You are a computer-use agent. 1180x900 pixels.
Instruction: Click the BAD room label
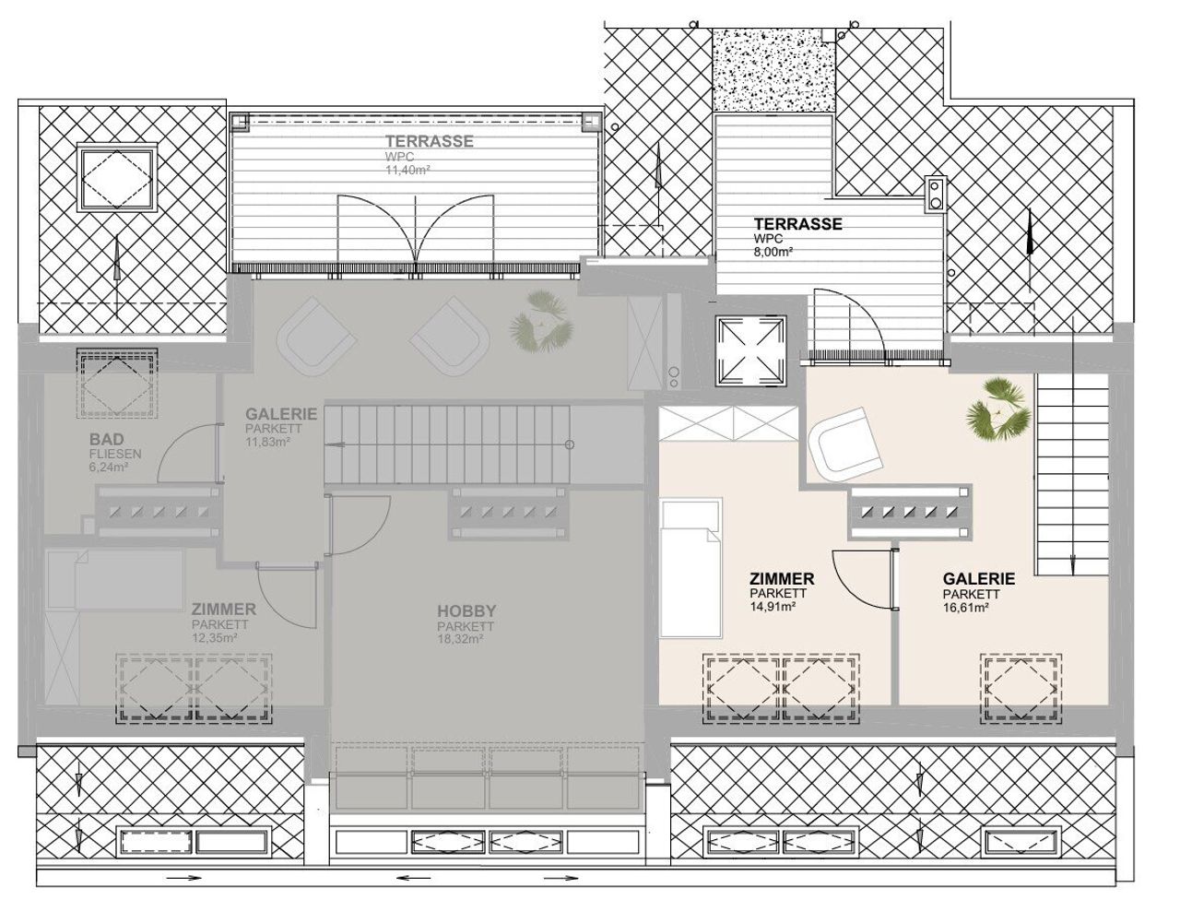click(x=106, y=439)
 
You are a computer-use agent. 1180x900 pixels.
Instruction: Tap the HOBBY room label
click(x=466, y=611)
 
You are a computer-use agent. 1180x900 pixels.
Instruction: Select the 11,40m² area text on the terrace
click(x=407, y=171)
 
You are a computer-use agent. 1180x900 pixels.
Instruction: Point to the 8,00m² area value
click(x=773, y=251)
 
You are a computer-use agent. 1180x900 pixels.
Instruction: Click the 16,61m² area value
click(x=966, y=607)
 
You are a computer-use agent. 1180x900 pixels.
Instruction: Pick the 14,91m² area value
click(x=773, y=607)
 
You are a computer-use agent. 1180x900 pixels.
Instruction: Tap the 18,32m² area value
click(x=460, y=639)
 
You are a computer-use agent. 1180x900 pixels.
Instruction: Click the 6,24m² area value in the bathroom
click(x=109, y=467)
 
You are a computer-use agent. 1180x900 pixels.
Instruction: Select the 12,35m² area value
click(x=215, y=637)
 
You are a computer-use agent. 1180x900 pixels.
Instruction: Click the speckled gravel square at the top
click(x=774, y=71)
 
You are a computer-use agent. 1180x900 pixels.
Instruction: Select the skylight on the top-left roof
click(x=118, y=176)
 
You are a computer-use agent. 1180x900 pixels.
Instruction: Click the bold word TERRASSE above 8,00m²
click(x=797, y=224)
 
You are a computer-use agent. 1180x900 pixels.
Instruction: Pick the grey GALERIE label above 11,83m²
click(x=281, y=414)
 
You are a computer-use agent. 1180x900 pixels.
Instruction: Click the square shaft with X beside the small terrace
click(x=750, y=350)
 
